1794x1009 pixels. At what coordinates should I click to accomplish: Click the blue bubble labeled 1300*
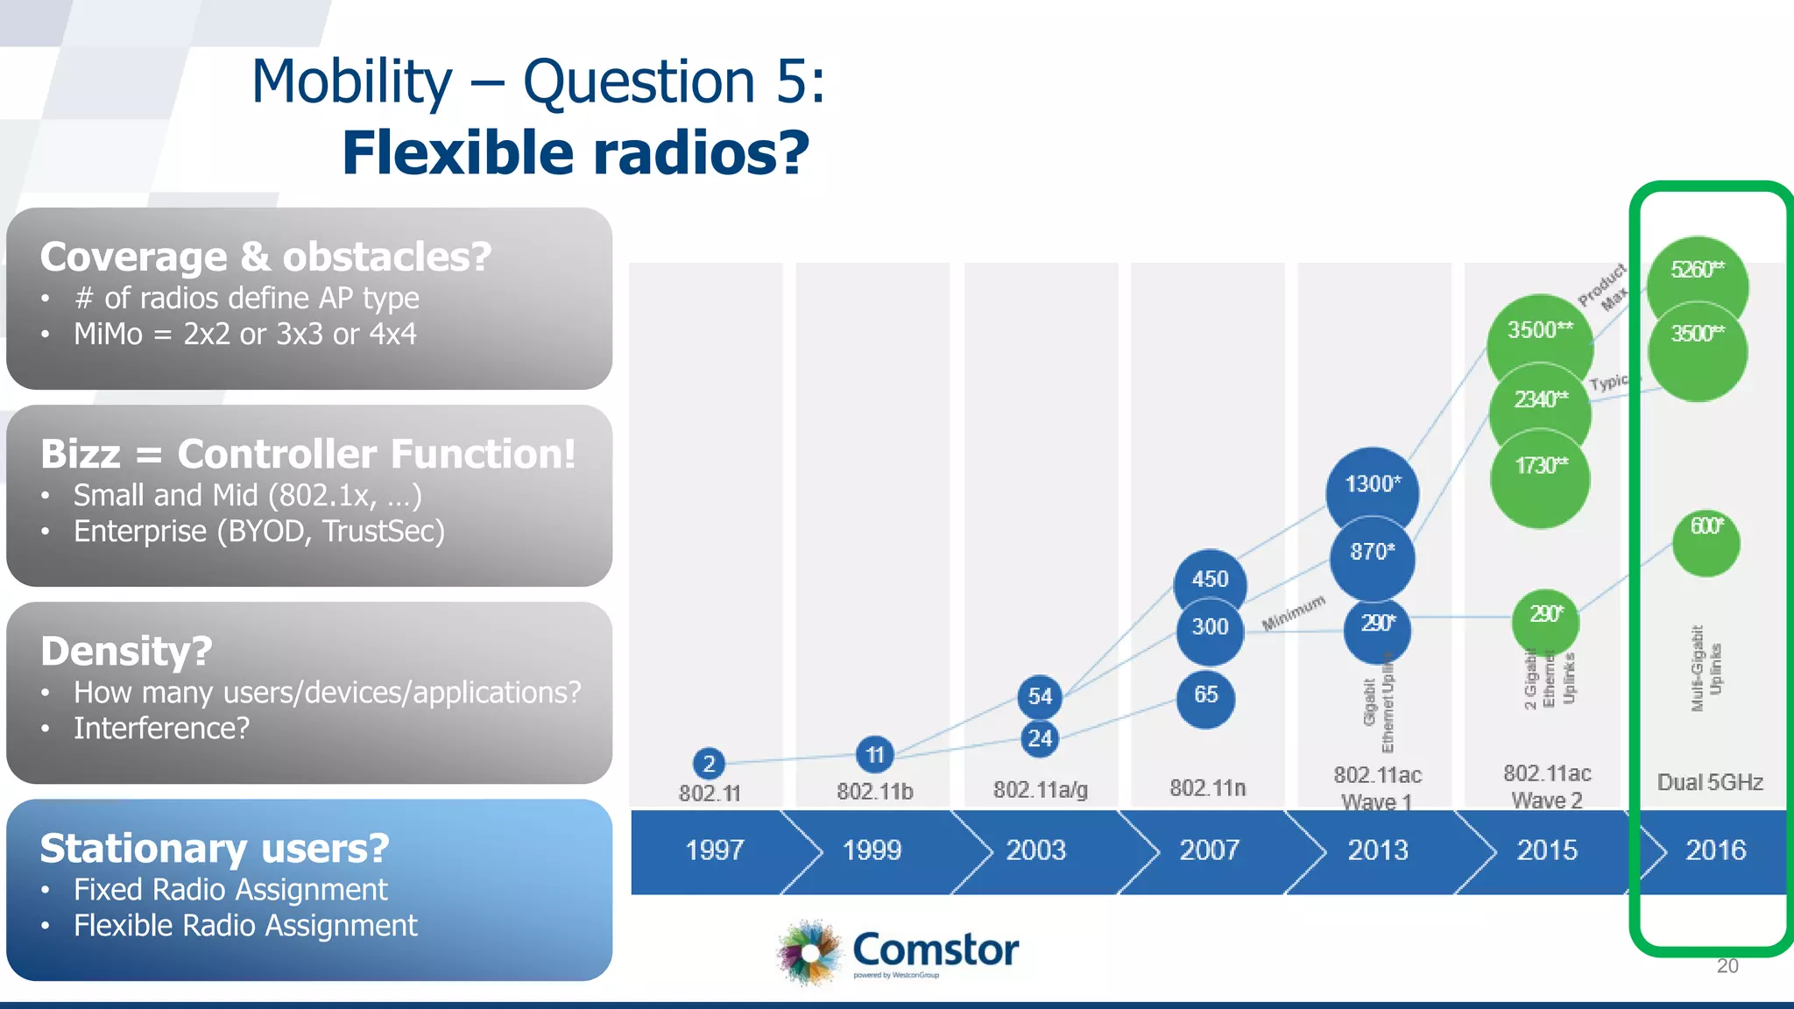(1372, 487)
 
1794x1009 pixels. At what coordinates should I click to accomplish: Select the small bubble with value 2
(709, 764)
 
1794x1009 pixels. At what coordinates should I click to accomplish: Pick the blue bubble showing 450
(1210, 579)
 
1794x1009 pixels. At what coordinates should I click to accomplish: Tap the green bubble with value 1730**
(1540, 473)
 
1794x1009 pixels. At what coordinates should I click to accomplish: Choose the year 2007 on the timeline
(1209, 850)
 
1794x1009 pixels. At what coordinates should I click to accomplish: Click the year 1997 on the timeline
(715, 850)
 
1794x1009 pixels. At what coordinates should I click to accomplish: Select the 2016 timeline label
(1715, 850)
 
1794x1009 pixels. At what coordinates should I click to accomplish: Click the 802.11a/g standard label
(1040, 790)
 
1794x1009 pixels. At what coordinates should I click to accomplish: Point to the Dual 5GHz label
(1709, 782)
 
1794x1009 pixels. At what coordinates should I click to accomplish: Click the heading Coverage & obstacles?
(265, 257)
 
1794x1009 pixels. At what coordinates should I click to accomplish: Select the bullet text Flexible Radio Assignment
(245, 926)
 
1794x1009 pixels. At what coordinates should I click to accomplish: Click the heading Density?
(126, 651)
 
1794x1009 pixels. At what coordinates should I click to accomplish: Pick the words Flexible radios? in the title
(575, 153)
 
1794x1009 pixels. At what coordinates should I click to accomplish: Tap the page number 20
(1727, 966)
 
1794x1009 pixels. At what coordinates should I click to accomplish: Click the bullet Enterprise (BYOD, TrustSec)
(259, 532)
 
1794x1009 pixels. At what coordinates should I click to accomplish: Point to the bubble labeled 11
(874, 754)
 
